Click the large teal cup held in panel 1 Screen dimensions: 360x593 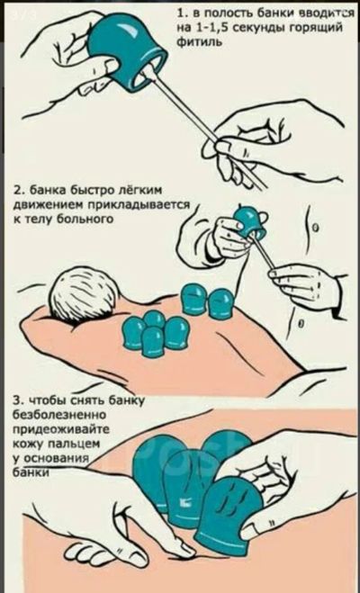(126, 52)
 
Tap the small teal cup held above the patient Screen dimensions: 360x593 (247, 220)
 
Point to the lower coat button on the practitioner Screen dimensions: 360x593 (301, 324)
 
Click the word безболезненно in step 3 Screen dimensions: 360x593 (59, 415)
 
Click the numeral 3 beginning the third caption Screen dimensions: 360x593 (16, 400)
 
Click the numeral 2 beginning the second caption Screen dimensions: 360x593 (16, 190)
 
